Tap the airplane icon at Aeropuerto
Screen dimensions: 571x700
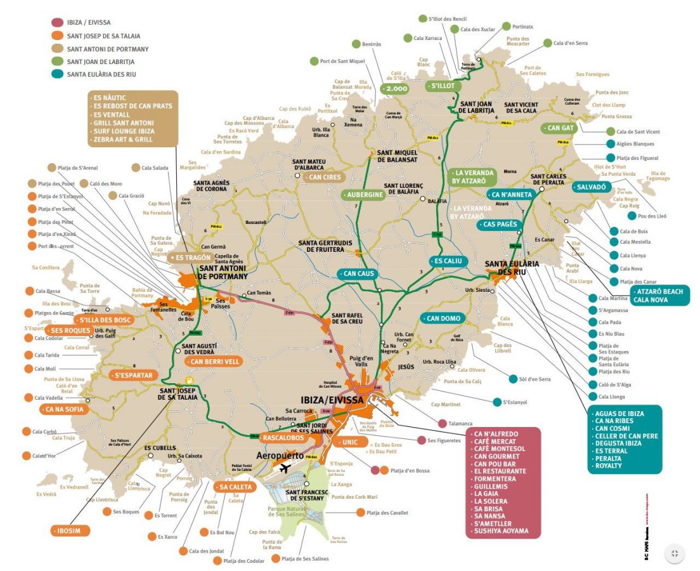pyautogui.click(x=284, y=468)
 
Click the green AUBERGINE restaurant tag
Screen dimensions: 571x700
pyautogui.click(x=364, y=195)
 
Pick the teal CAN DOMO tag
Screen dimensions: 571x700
pyautogui.click(x=442, y=318)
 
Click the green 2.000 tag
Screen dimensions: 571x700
pyautogui.click(x=393, y=89)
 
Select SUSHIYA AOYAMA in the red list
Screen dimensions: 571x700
pyautogui.click(x=501, y=530)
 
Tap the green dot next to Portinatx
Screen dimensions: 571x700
pyautogui.click(x=506, y=26)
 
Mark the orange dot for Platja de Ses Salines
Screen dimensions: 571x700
pyautogui.click(x=275, y=559)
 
